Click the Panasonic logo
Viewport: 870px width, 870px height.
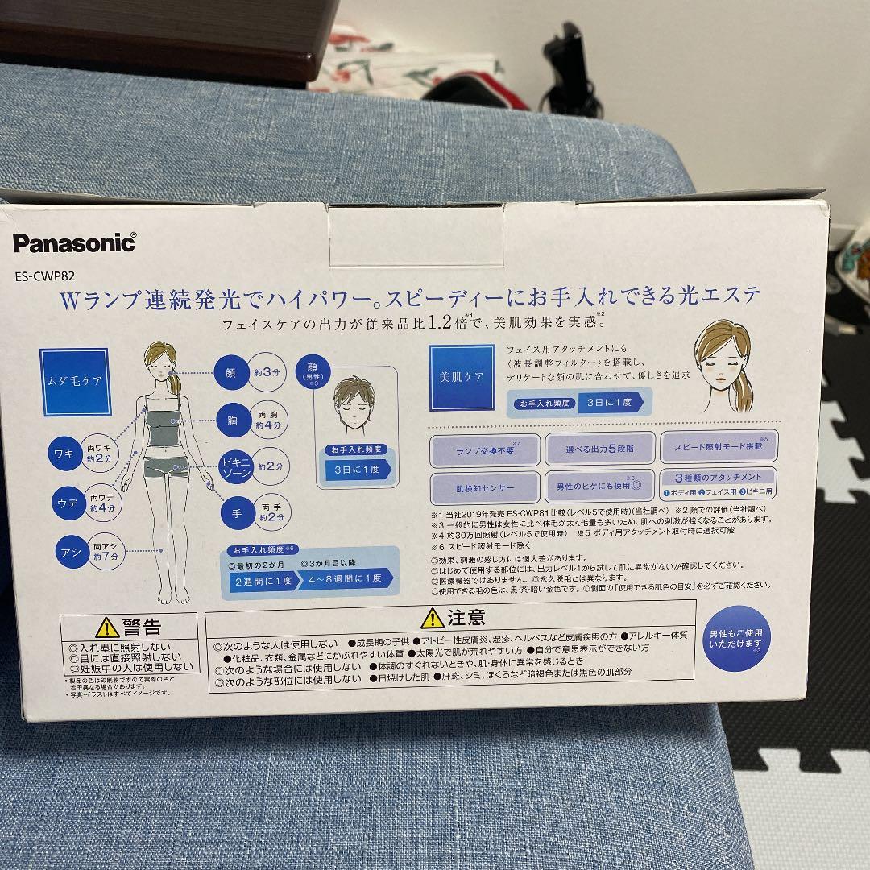tap(74, 242)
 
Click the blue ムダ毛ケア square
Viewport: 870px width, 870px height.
tap(75, 381)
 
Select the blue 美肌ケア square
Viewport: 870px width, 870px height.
tap(462, 377)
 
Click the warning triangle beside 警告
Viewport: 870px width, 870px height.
tap(106, 628)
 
